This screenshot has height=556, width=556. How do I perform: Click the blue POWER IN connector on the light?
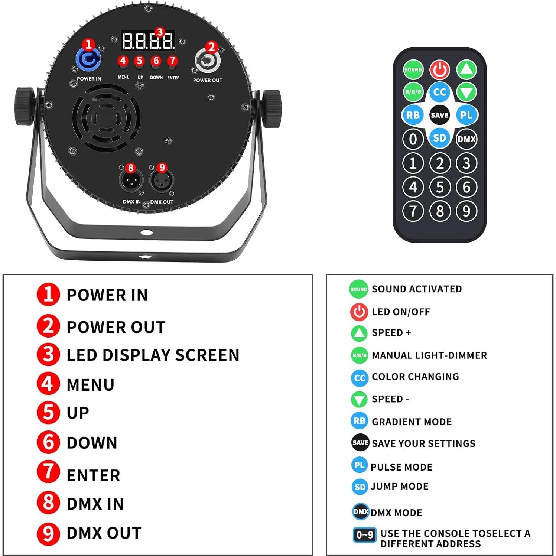[88, 59]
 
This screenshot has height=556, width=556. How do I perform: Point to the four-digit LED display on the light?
[148, 41]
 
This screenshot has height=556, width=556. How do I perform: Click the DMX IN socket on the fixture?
[130, 181]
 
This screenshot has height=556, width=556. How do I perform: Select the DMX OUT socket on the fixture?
[162, 181]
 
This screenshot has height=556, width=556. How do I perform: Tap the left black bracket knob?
[25, 107]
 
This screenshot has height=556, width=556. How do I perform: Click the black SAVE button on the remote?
[439, 115]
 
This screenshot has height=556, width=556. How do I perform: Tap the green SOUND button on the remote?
[413, 69]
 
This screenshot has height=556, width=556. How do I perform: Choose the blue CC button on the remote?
[439, 92]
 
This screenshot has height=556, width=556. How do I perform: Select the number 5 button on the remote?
[440, 187]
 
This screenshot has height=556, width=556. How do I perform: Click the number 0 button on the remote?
[413, 139]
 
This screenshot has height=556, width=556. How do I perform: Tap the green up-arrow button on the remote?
[466, 69]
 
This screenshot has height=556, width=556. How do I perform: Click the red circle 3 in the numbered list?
[48, 354]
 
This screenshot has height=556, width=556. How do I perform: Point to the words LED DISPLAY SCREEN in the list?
[153, 355]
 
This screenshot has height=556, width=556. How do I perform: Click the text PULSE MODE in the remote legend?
[401, 467]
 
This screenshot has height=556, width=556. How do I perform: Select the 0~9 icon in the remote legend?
[364, 534]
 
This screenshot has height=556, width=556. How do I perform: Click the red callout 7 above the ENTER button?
[172, 60]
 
